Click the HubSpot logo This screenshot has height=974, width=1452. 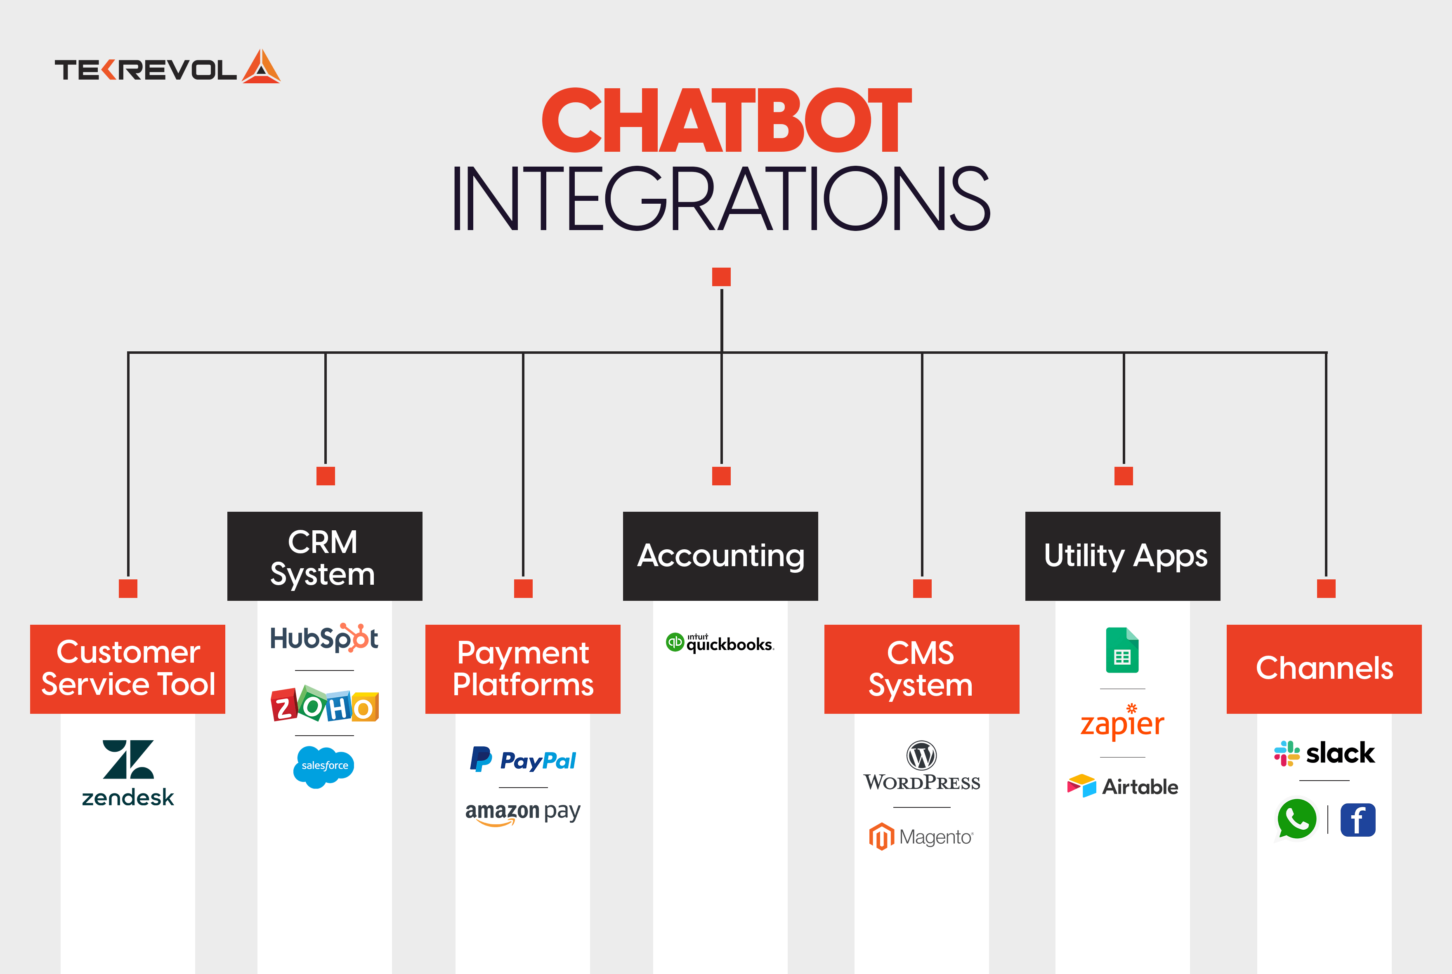coord(324,638)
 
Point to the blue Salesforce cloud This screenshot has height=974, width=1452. coord(324,766)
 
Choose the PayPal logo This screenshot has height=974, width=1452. coord(523,760)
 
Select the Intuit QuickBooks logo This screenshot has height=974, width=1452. coord(720,643)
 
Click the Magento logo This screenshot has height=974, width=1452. coord(921,837)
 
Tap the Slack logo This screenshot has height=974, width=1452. coord(1325,753)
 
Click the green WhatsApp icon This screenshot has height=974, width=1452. coord(1296,819)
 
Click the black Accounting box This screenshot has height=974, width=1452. coord(720,555)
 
